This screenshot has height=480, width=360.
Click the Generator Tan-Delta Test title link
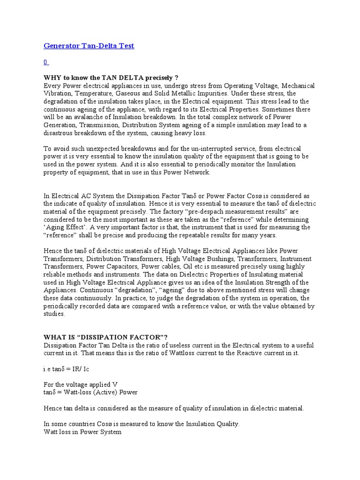89,46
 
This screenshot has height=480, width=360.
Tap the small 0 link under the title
45,62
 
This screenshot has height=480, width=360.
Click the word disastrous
60,133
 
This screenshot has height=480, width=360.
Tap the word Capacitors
106,267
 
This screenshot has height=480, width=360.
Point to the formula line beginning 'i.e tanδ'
67,369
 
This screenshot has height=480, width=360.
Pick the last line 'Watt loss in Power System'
82,432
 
